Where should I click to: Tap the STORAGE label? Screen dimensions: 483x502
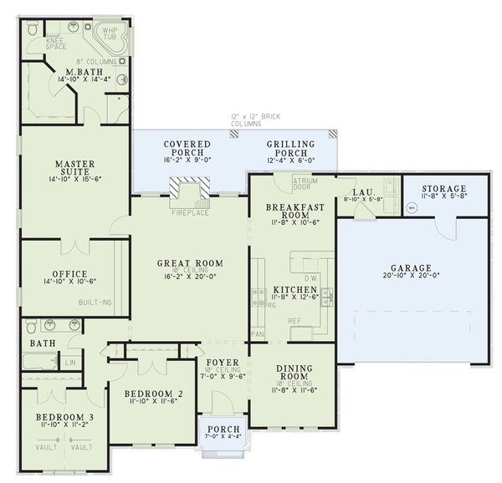point(443,189)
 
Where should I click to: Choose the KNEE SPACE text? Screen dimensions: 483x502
point(54,42)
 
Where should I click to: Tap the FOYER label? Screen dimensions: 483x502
point(223,363)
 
